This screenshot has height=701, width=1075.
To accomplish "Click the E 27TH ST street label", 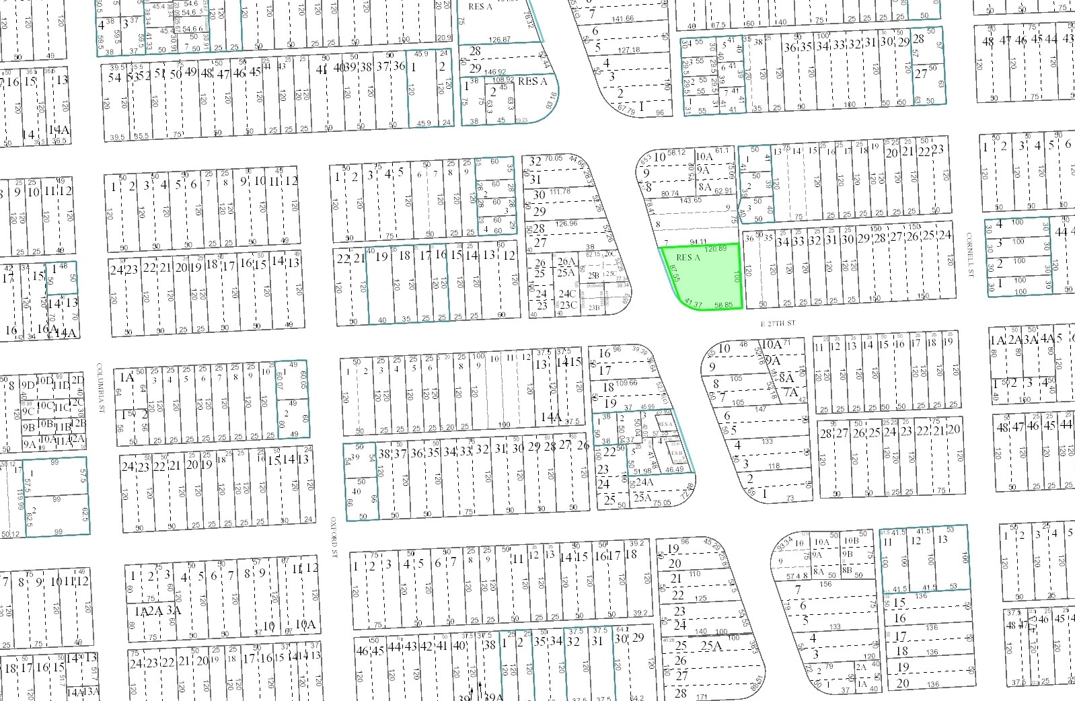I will (x=778, y=324).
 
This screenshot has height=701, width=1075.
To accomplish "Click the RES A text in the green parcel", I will (x=688, y=258).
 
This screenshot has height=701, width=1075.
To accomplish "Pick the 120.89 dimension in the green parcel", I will (x=716, y=249).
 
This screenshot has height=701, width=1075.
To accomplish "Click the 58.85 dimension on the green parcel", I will (x=724, y=305).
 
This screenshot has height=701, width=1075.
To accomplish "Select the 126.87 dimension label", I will (x=499, y=40).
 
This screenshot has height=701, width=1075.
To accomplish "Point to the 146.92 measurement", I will (x=494, y=71).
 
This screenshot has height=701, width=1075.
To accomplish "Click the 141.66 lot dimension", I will (x=620, y=19).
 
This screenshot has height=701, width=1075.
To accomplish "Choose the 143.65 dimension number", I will (x=690, y=200).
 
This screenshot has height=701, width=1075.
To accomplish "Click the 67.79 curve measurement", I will (x=626, y=108).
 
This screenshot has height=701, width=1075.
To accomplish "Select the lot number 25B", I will (x=593, y=274).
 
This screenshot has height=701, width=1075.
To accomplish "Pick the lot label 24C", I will (x=567, y=293).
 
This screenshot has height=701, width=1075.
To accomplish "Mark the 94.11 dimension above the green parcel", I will (x=698, y=242).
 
